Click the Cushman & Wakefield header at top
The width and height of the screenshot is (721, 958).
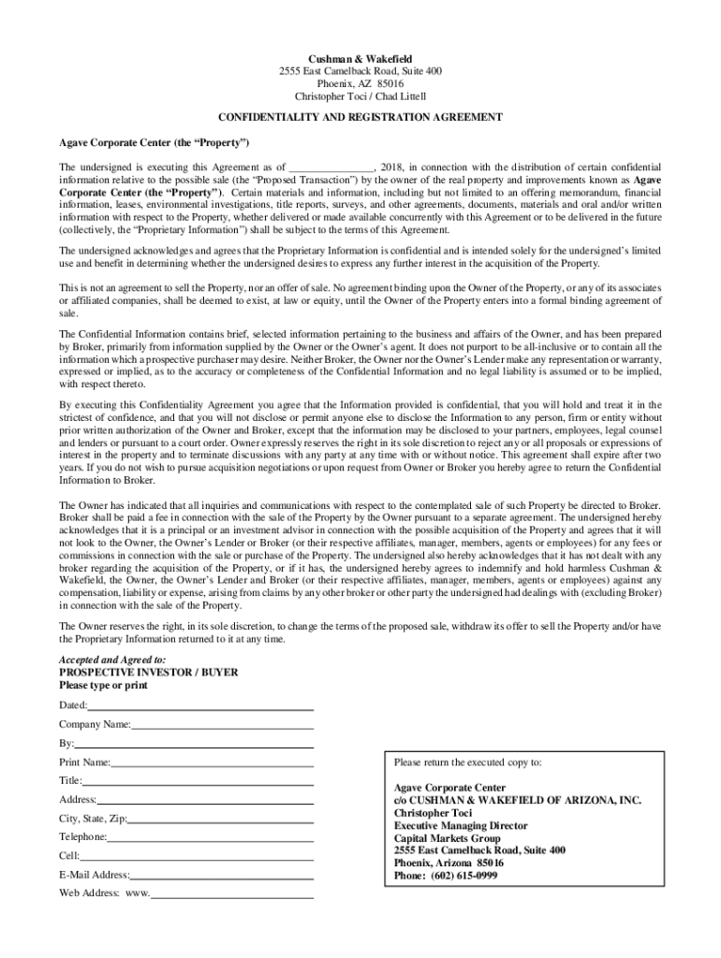[x=360, y=58]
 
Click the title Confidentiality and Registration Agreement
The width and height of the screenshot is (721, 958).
[x=360, y=117]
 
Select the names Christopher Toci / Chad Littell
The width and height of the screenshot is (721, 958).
[x=360, y=96]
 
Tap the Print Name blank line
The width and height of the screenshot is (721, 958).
[x=212, y=763]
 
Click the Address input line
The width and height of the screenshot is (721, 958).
[x=205, y=801]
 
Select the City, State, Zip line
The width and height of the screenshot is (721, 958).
[x=220, y=820]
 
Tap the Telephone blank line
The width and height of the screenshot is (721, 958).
[x=211, y=838]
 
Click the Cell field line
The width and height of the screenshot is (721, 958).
[x=196, y=857]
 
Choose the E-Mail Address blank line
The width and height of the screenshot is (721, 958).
[x=222, y=877]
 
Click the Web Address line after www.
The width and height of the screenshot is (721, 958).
[x=231, y=895]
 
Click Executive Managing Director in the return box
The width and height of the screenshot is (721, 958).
[x=461, y=826]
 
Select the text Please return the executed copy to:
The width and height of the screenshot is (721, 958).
[x=467, y=762]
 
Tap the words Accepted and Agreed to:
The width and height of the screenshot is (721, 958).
[x=106, y=660]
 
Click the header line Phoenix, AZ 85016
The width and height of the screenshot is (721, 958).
[x=360, y=83]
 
